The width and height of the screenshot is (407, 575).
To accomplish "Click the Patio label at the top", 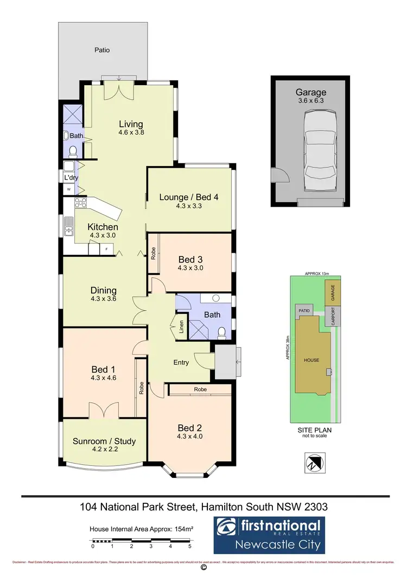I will click(102, 50).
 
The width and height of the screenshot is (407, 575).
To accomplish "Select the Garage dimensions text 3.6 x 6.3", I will click(310, 101).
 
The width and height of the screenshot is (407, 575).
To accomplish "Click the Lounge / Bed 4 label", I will click(189, 197).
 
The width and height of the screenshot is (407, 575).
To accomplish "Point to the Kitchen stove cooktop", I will click(81, 204).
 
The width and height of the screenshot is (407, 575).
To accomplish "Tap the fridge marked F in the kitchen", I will click(106, 250).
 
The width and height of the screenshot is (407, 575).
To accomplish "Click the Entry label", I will click(181, 362).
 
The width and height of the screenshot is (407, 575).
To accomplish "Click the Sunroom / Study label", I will click(104, 441).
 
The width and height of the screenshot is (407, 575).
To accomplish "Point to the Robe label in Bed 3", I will click(154, 253).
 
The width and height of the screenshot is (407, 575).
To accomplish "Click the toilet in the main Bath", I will click(221, 333).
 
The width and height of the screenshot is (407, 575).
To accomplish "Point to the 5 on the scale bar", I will click(190, 546).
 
